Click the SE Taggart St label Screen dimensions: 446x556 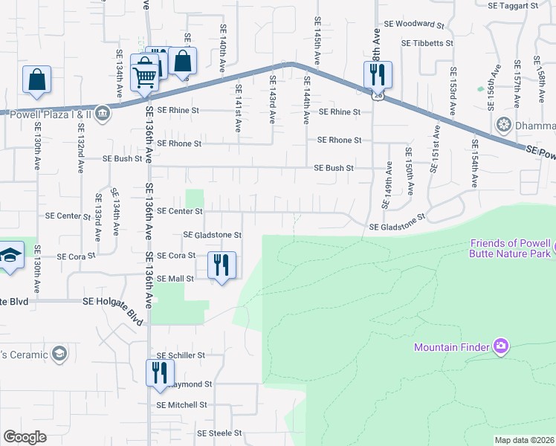(x=513, y=5)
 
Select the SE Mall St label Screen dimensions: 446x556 (x=175, y=279)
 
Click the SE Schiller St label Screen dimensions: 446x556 (x=180, y=356)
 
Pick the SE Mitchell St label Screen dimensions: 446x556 (x=181, y=405)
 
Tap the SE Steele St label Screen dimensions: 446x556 (x=219, y=433)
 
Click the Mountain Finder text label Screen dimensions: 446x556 (x=451, y=347)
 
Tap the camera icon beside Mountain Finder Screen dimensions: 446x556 (x=501, y=346)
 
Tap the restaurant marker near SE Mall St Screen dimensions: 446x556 (x=222, y=265)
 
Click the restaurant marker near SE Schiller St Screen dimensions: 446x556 (x=159, y=373)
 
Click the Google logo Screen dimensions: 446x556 (x=25, y=437)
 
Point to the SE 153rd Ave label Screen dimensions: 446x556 (x=452, y=91)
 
